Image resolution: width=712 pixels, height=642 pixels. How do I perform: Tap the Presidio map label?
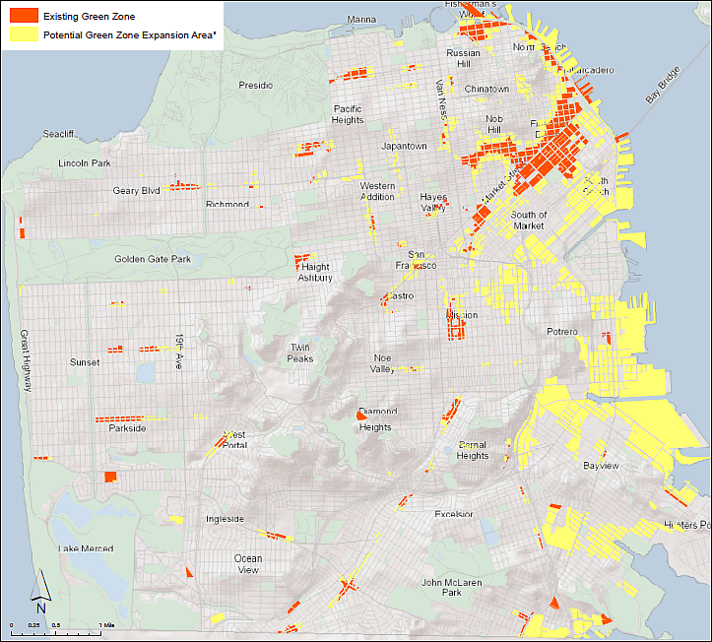[255, 86]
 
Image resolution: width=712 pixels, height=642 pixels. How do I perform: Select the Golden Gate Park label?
[152, 259]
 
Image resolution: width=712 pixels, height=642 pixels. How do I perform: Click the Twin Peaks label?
[300, 353]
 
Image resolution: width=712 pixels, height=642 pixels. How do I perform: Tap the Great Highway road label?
[25, 359]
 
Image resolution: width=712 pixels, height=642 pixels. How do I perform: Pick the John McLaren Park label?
[441, 587]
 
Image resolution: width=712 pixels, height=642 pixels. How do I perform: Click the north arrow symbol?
[40, 591]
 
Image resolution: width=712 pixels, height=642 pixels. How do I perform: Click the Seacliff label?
[59, 134]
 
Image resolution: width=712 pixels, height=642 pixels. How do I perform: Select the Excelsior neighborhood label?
[454, 514]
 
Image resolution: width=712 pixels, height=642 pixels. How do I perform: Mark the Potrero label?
[562, 332]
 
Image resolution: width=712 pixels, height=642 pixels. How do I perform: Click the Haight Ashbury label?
[315, 272]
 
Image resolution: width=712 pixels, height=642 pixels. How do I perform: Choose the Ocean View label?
[248, 563]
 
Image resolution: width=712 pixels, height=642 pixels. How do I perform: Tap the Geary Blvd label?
[136, 191]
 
